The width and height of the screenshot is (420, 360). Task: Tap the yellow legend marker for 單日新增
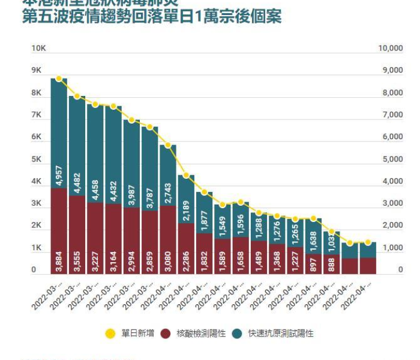point(110,333)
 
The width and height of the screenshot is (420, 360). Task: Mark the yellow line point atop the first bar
point(59,78)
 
